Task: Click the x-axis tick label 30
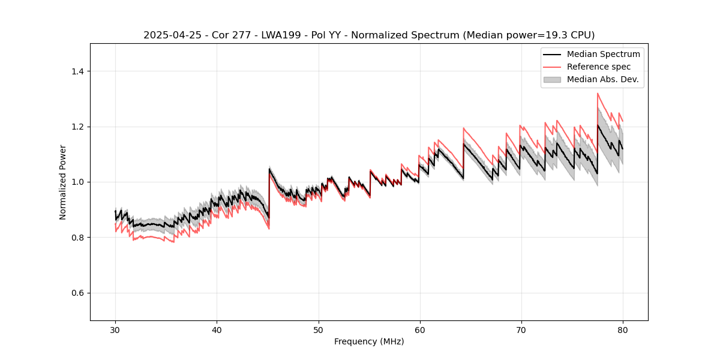(115, 329)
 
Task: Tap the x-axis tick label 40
(217, 329)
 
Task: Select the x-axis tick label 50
(318, 329)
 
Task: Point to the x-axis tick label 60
(419, 329)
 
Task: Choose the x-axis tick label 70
(521, 329)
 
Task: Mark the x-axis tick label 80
(622, 329)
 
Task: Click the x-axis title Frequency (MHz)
(369, 341)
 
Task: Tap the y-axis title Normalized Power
(63, 182)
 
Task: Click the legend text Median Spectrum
(603, 54)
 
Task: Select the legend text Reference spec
(601, 67)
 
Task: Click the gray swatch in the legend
(552, 79)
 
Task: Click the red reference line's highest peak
(598, 94)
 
